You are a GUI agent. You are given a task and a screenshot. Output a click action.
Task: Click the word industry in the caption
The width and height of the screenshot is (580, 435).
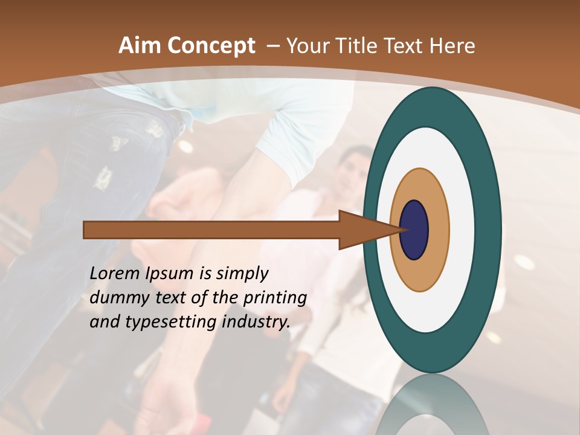[x=256, y=323]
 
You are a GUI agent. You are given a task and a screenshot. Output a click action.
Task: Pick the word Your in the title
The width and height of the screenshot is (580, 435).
[x=308, y=46]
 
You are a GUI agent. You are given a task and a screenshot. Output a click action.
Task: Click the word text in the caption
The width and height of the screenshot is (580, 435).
[x=177, y=298]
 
